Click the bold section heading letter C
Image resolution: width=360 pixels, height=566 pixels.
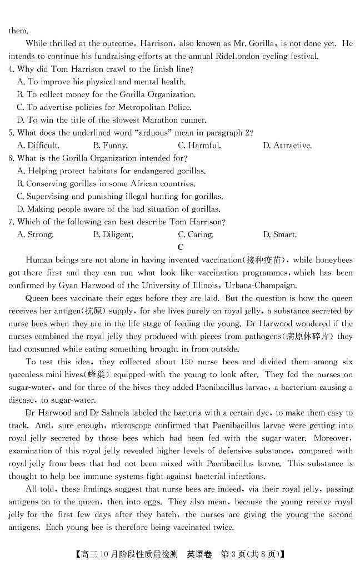[x=181, y=247]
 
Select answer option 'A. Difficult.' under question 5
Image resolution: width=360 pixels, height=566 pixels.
[x=38, y=146]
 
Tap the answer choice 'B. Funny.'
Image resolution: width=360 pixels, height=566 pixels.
[x=111, y=146]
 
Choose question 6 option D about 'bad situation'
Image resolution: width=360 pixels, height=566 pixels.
[x=118, y=209]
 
